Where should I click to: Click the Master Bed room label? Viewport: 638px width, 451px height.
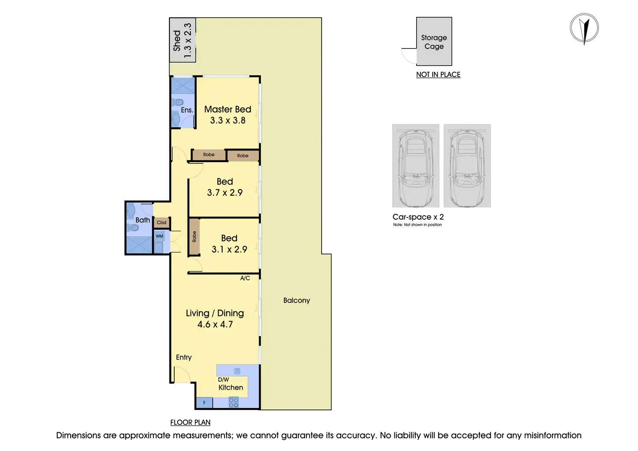[228, 110]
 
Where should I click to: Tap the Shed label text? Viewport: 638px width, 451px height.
[177, 40]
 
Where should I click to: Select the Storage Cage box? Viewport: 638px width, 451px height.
[434, 42]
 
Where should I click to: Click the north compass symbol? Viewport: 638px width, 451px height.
[584, 29]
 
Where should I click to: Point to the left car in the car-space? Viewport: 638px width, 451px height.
[416, 166]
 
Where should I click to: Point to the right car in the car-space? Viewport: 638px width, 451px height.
[467, 166]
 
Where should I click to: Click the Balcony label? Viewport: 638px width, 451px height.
[296, 300]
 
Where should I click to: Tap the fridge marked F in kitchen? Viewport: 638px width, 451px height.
[204, 403]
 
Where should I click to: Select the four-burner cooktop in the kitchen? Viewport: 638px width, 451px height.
[234, 402]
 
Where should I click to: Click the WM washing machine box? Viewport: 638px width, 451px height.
[159, 236]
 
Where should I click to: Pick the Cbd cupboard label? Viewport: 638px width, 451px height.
[162, 223]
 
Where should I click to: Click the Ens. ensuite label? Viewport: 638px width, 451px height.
[187, 110]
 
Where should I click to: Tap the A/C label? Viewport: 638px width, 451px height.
[245, 278]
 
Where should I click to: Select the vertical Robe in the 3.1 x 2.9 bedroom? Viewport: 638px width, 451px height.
[194, 237]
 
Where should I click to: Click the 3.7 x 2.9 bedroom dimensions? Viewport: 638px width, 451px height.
[225, 193]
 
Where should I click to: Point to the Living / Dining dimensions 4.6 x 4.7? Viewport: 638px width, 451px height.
[215, 324]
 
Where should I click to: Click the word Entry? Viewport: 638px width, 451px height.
[184, 357]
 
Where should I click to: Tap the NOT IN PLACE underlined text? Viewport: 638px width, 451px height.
[438, 75]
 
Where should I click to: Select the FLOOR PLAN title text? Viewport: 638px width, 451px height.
[190, 422]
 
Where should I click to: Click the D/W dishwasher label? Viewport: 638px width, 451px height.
[223, 380]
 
